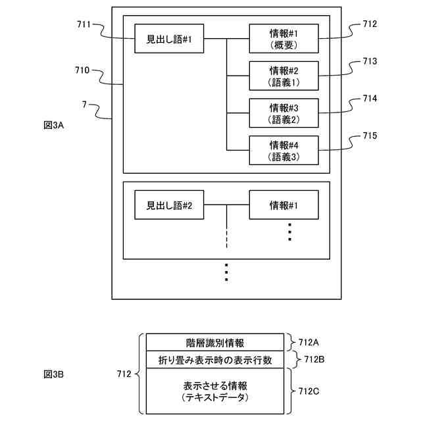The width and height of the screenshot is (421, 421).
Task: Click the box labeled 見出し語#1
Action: [x=169, y=39]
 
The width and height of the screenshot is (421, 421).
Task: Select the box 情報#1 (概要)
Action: [x=284, y=39]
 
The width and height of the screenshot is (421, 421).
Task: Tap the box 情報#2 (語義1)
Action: [x=284, y=76]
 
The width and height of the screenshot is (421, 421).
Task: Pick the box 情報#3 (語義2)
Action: [x=284, y=113]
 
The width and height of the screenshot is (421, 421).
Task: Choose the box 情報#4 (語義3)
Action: [x=284, y=151]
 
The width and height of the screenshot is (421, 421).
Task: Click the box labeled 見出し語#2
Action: [x=169, y=205]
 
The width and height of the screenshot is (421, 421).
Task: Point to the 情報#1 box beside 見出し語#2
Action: [x=284, y=205]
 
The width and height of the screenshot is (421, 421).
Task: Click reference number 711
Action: [x=84, y=24]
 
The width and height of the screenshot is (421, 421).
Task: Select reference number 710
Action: [x=82, y=70]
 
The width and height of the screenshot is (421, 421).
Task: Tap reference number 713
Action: [x=370, y=61]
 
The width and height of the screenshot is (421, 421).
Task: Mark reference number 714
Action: [x=370, y=99]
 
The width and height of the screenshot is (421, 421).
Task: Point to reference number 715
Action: [x=370, y=136]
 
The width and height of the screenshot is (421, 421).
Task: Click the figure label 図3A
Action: [x=54, y=125]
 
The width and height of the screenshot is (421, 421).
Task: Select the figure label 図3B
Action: [x=54, y=374]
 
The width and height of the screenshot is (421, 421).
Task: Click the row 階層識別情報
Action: [x=215, y=342]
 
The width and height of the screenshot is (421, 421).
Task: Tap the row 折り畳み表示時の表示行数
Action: [x=215, y=360]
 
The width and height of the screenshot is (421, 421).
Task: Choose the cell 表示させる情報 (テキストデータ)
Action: [x=215, y=391]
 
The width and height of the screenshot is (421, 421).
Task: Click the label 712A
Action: [x=309, y=342]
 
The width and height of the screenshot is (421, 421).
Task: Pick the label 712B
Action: [x=314, y=359]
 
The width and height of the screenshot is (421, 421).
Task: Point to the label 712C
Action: [x=309, y=391]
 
